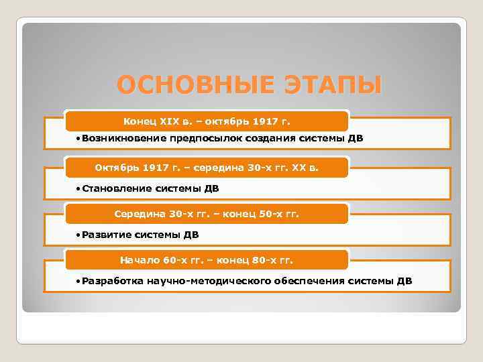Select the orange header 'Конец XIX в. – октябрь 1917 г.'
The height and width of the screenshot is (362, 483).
click(x=207, y=121)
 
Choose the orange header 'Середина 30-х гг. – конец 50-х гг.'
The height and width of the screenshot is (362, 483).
click(x=207, y=214)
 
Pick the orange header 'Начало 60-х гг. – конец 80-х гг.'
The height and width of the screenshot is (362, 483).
click(x=207, y=259)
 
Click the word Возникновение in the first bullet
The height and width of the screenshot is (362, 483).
click(x=120, y=139)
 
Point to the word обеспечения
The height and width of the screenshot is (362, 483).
click(x=309, y=281)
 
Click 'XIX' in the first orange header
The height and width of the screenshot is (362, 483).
click(x=170, y=121)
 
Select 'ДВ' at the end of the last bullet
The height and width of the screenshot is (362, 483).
click(x=405, y=281)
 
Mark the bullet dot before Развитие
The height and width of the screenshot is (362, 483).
click(x=78, y=235)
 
